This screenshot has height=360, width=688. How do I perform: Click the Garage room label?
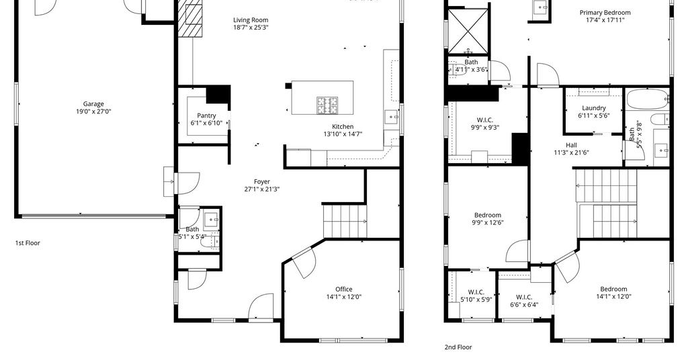coord(93,104)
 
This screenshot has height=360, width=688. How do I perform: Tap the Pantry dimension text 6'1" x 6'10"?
coord(206,123)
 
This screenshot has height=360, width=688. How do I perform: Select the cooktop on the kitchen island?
coord(328,105)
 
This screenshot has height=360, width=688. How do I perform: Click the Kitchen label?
coord(343,127)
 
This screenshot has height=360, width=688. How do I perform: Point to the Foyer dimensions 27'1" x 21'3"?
coord(262,189)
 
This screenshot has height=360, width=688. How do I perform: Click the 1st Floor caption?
coord(28,243)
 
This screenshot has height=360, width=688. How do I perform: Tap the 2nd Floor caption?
coord(458,347)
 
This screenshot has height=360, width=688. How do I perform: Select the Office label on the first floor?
coord(343,289)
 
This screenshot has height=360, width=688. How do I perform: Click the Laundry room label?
coord(594,108)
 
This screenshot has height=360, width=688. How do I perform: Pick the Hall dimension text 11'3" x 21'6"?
coord(571,152)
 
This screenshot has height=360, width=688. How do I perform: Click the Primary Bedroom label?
coord(605,13)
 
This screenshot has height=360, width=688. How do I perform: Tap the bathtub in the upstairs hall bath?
coord(647,99)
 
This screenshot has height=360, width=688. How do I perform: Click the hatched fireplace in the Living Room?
coord(191,18)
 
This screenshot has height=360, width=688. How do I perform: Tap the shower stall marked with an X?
coord(468,32)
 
